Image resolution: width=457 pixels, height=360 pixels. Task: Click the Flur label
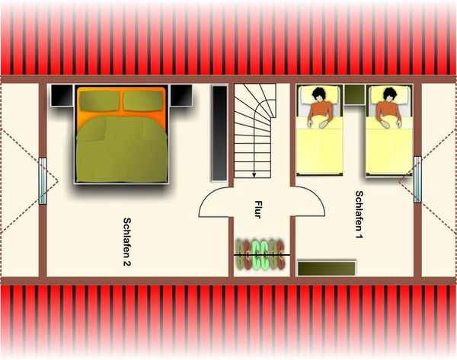coord(258,209)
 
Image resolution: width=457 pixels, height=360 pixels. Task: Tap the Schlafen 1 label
coord(359,215)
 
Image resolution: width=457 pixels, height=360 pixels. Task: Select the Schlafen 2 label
coord(127,242)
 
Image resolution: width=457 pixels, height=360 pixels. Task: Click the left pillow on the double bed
coord(99,100)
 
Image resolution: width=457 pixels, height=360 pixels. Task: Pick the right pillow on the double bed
coord(143,100)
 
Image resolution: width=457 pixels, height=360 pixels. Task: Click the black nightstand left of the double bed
coord(62,95)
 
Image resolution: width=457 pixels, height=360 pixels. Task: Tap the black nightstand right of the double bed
coord(181,95)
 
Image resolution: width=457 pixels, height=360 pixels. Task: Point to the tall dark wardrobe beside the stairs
coord(220,133)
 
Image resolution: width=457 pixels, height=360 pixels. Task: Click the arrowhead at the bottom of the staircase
coord(254,175)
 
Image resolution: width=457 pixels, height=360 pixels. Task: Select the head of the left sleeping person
coord(320,94)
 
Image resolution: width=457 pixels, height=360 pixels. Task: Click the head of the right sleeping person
coord(390,94)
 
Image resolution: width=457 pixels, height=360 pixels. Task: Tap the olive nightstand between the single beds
coord(354,94)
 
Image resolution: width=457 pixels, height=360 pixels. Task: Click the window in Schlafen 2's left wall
coord(43,181)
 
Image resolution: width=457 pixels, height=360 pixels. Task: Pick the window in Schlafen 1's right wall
coord(417,180)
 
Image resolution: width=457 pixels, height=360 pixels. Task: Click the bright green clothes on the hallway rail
coord(260,255)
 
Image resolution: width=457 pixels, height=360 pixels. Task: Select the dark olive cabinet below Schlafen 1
coord(327,268)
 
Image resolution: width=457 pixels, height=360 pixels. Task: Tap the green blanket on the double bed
coord(122,149)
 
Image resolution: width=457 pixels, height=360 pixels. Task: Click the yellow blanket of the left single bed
coord(319,145)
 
